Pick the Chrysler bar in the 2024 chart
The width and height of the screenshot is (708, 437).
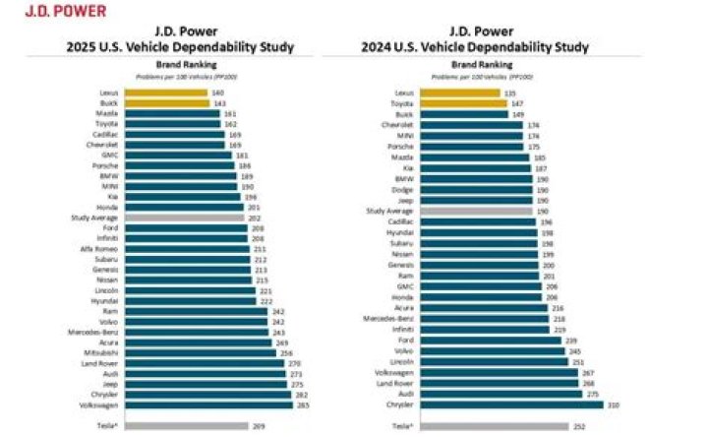[511, 404]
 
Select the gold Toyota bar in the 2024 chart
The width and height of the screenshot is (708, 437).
[462, 103]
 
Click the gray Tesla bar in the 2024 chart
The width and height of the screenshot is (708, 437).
[494, 426]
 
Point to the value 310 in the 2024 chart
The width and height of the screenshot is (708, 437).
[614, 404]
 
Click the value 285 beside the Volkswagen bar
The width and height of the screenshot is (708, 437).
[275, 404]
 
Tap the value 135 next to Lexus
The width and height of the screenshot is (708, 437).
[509, 93]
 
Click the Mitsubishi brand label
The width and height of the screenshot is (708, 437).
[102, 351]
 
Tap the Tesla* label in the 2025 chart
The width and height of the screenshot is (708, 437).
[106, 426]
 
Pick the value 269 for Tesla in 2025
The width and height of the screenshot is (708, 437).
[260, 426]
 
